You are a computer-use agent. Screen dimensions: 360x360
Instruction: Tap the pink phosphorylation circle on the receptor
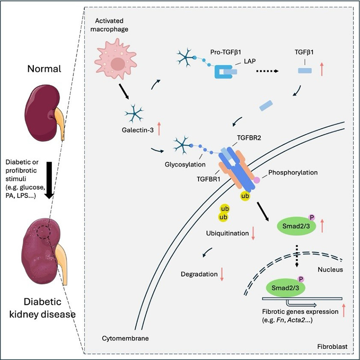click(257, 180)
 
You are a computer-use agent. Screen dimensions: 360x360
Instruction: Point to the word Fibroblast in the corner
click(331, 347)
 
